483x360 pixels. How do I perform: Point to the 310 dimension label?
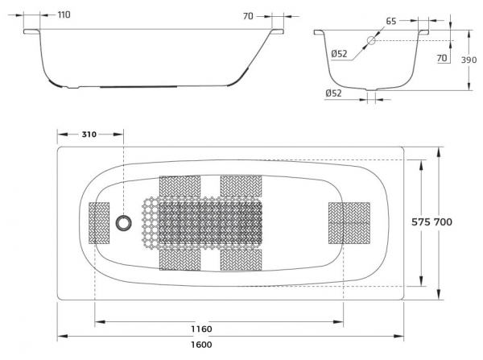89,134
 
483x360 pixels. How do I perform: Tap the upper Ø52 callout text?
339,54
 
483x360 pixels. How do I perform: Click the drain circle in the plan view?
125,222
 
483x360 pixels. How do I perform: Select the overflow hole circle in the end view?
372,40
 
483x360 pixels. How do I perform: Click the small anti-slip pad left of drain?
98,222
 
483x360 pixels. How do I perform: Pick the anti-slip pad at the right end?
349,223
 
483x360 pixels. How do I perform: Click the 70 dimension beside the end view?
442,59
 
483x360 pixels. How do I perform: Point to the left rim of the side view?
31,32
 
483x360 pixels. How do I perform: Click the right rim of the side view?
279,32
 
